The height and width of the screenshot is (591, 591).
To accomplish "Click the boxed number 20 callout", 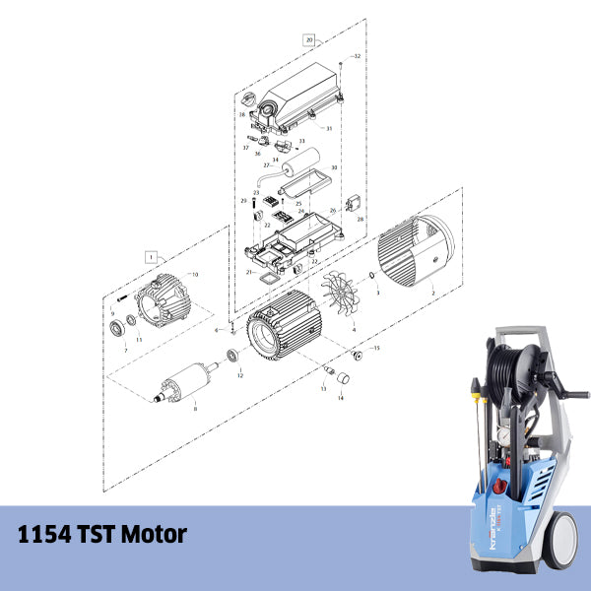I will point(309,40).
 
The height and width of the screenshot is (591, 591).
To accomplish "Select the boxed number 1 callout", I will point(151,254).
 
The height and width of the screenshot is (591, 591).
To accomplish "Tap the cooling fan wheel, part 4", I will point(339,295).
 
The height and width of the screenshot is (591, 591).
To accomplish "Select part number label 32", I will point(357,57).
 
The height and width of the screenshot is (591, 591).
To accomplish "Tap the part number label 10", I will point(194,274).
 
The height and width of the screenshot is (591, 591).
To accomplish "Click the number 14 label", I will point(341,397).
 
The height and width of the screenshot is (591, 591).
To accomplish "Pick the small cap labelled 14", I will point(343,378).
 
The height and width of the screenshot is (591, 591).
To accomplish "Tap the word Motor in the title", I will point(147,536).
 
